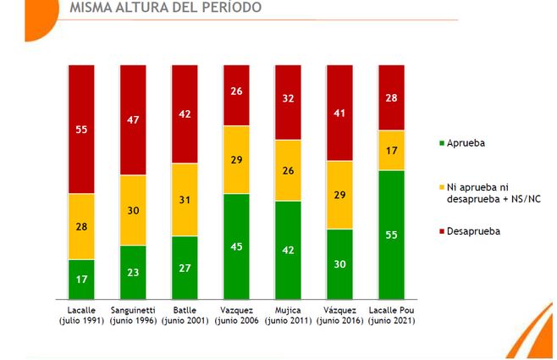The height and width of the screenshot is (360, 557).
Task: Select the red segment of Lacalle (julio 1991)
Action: click(x=80, y=129)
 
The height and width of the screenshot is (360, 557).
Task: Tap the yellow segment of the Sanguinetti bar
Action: click(x=133, y=210)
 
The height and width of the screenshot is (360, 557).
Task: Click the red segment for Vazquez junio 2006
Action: click(x=236, y=95)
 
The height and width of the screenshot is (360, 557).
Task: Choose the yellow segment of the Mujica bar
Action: click(x=288, y=170)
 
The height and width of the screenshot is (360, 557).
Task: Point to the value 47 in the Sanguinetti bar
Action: click(x=133, y=121)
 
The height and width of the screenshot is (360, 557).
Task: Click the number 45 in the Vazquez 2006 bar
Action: click(x=236, y=248)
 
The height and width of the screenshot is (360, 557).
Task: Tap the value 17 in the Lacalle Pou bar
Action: click(x=391, y=151)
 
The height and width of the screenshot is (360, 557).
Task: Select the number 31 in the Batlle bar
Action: click(x=185, y=200)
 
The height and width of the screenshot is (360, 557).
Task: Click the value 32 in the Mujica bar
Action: click(x=288, y=98)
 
